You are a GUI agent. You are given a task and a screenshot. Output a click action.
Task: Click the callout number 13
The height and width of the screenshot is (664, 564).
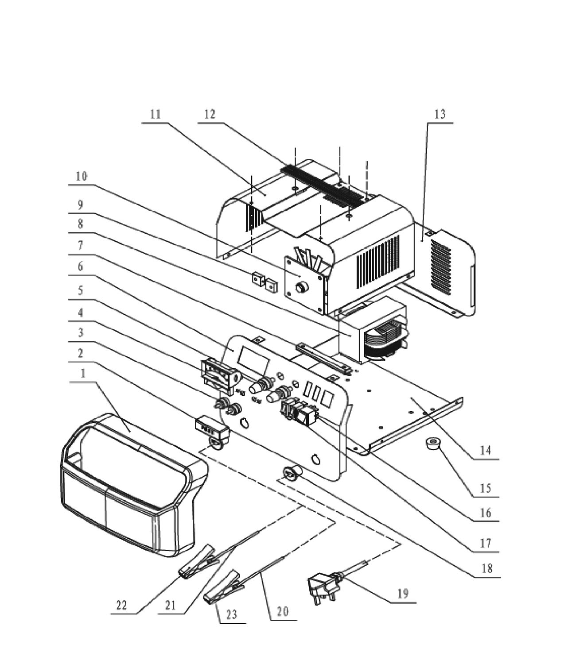(x=440, y=114)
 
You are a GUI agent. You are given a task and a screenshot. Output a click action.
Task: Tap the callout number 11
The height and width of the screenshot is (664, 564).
(x=156, y=114)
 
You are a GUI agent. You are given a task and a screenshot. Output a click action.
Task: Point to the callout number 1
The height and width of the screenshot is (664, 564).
(x=83, y=374)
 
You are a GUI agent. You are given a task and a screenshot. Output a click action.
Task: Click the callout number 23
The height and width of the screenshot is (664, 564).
(x=232, y=614)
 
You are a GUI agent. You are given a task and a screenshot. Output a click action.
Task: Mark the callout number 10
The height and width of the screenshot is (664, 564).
(x=82, y=176)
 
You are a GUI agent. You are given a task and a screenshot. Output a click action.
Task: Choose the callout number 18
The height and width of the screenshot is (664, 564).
(x=487, y=568)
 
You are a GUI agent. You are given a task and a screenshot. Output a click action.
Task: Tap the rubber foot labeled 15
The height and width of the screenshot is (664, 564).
(x=433, y=444)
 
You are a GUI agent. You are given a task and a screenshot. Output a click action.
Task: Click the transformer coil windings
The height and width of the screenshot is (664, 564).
(x=384, y=341)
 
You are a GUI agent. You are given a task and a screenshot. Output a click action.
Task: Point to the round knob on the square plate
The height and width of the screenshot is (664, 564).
(x=302, y=287)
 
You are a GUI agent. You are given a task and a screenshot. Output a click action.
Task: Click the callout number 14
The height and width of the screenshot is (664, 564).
(x=486, y=451)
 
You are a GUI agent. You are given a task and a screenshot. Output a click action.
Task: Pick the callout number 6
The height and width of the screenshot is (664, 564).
(x=80, y=266)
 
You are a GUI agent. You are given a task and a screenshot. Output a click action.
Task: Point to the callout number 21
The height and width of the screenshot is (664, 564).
(x=171, y=606)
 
